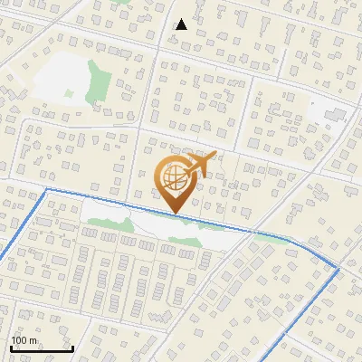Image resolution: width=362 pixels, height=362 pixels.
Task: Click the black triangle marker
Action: coord(182,24)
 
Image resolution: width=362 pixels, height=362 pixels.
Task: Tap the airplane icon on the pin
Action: coord(200,165)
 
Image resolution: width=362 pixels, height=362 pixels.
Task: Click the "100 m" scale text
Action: coord(24,340)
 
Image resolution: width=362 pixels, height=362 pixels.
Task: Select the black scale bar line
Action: coord(42,348)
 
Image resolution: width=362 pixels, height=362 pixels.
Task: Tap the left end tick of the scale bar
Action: coord(11,347)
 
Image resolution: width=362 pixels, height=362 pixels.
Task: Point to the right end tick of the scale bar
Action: coord(72,347)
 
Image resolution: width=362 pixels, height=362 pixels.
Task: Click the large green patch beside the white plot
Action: coord(97,82)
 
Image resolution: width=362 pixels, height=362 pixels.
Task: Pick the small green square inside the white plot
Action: coord(69,93)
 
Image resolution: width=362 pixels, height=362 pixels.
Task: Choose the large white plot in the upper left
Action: coord(59,77)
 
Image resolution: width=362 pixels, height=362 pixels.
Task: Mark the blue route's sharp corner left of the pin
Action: coord(46,190)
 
